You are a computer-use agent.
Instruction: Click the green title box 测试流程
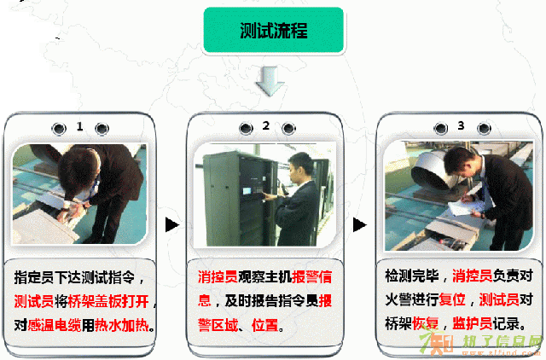pos(273,31)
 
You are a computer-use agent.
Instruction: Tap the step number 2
pos(266,125)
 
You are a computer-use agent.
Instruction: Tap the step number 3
pos(461,125)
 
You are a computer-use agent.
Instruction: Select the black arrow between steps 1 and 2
pos(173,224)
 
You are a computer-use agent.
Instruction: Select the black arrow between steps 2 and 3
pos(360,224)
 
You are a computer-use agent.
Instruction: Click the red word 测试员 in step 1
pos(34,301)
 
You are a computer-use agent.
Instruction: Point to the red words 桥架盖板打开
pos(106,301)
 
